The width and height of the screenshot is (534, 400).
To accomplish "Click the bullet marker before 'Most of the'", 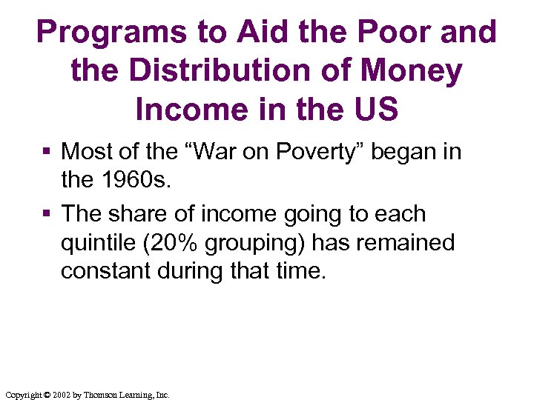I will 47,153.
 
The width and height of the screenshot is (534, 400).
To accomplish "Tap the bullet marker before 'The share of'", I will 47,215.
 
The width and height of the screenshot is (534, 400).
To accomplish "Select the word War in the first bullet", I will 220,152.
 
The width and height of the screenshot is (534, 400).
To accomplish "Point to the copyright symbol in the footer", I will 45,395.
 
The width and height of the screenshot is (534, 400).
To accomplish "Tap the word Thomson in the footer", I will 101,395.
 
